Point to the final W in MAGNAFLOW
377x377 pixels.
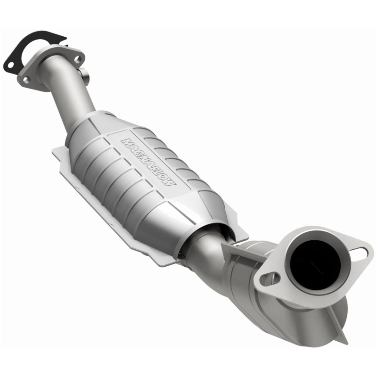point(172,181)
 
